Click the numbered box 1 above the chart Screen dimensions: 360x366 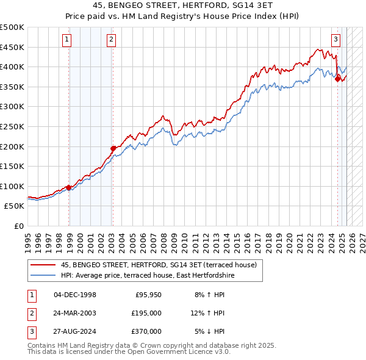[x=66, y=41]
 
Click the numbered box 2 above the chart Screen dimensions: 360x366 [x=111, y=41]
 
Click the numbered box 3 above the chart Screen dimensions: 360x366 [x=335, y=41]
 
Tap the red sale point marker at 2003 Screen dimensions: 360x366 [x=113, y=148]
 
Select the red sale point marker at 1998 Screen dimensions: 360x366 [x=68, y=187]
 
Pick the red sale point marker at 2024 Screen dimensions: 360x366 [x=337, y=77]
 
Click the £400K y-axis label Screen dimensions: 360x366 [x=12, y=67]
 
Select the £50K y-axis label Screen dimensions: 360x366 [x=15, y=206]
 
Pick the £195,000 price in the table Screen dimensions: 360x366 [x=147, y=313]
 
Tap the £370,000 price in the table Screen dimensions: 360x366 [x=147, y=331]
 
